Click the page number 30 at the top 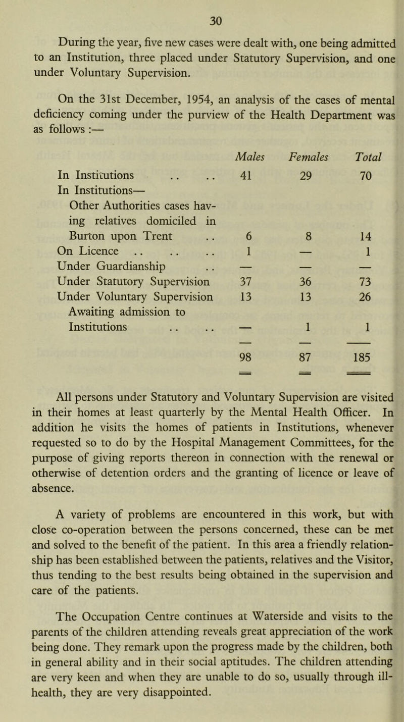tap(201, 20)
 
